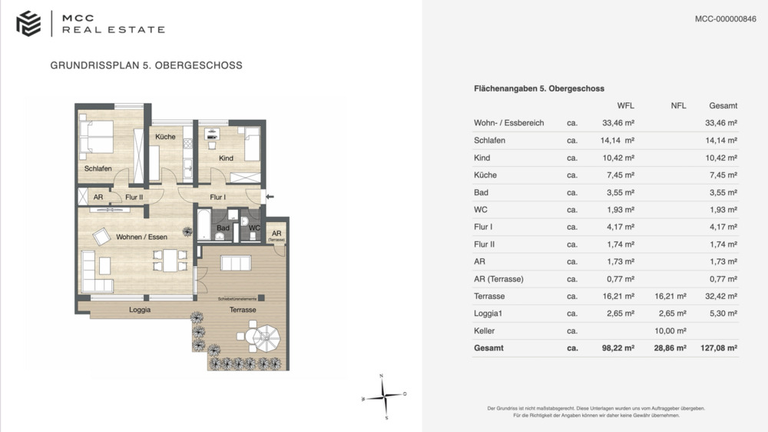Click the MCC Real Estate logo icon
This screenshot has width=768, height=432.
pos(28,23)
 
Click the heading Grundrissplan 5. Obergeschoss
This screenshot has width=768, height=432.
pos(146,65)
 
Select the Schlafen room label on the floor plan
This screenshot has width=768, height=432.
pos(98,168)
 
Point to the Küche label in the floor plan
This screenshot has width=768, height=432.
pos(165,137)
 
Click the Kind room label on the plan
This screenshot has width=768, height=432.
pos(226,158)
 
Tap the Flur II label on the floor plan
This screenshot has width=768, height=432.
pos(134,198)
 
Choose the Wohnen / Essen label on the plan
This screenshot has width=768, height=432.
pos(141,237)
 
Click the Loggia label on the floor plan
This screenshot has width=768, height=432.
pos(139,310)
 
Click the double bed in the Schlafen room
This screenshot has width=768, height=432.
pos(98,137)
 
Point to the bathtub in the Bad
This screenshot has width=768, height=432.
pos(204,225)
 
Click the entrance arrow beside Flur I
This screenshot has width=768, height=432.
pos(269,198)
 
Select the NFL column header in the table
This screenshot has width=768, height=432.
pos(678,106)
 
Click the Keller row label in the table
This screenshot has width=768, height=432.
pos(485,331)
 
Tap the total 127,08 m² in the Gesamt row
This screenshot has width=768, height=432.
pos(720,348)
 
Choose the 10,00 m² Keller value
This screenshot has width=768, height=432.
pos(670,331)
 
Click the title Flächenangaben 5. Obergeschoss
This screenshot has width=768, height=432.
pos(539,89)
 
